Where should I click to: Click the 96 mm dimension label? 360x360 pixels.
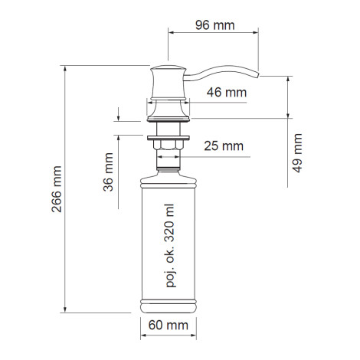pos(215,25)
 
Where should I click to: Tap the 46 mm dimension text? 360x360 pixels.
pos(227,93)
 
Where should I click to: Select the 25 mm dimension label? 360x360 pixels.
pos(224,146)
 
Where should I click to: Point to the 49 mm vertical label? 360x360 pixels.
pos(297,153)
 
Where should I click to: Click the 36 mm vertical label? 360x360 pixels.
pos(108,172)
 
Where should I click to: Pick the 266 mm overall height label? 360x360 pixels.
pos(57,189)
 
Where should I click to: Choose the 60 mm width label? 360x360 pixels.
pos(169,326)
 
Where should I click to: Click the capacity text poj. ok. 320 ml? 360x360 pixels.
pos(170,246)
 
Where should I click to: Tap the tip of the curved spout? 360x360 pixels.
pos(259,74)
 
